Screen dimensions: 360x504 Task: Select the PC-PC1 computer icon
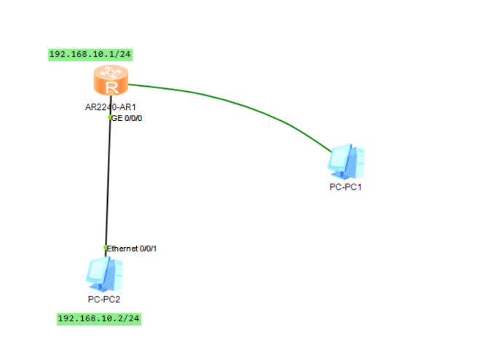(346, 162)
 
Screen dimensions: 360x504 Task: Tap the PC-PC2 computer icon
(104, 274)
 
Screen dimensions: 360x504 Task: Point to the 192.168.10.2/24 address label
(99, 318)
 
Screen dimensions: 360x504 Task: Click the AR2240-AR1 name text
(109, 106)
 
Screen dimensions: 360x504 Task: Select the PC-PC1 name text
(346, 187)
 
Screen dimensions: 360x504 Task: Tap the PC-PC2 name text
(104, 299)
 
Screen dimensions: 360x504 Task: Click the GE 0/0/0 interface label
(127, 117)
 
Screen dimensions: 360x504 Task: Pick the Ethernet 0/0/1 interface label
(133, 249)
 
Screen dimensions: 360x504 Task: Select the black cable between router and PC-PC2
(108, 182)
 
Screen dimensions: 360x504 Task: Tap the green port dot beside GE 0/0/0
(109, 117)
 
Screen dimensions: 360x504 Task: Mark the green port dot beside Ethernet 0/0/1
(106, 248)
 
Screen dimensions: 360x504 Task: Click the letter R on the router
(111, 87)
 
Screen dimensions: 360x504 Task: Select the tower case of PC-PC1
(357, 162)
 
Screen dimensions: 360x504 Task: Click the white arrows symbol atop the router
(111, 72)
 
